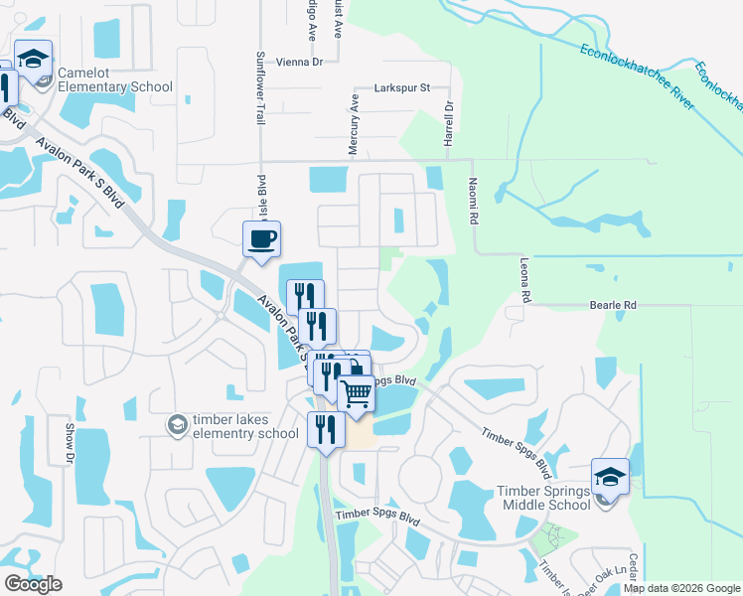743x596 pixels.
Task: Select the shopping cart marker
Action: coord(357,392)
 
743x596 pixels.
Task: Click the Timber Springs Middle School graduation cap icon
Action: coord(610,476)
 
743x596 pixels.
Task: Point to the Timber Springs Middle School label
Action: coord(543,499)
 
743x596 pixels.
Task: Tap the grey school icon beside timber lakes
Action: coord(177,425)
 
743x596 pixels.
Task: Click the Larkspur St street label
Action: coord(401,88)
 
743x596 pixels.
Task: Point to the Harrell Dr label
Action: coord(449,123)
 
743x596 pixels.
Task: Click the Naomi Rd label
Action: coord(474,202)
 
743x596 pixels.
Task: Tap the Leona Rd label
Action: coord(523,283)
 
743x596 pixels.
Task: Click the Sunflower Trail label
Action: coord(261,87)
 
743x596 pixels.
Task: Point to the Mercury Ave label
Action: coord(353,124)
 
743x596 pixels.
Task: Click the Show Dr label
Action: coord(70,444)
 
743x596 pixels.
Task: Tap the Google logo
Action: coord(33,584)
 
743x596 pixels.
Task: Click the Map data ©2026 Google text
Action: coord(681,588)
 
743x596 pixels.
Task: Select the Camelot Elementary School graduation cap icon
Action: coord(33,59)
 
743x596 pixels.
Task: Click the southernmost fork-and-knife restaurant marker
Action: coord(325,429)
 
